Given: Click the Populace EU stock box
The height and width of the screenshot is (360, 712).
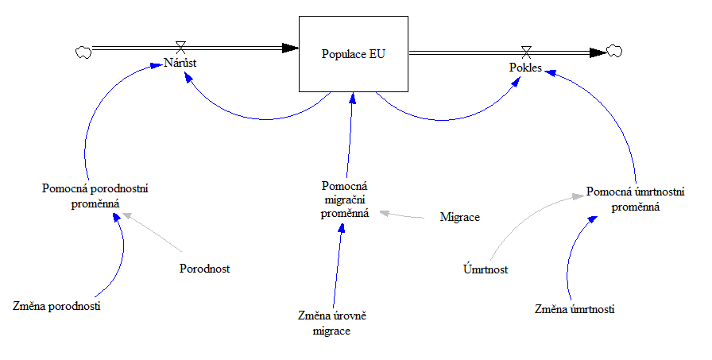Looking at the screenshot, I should tap(353, 55).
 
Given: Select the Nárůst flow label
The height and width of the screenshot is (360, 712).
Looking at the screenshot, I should tap(180, 63).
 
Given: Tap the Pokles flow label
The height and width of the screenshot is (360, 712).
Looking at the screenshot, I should tap(525, 68).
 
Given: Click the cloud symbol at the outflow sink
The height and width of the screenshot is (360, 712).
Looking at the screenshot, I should tap(614, 52).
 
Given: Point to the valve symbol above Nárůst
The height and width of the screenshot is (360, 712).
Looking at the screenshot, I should tap(180, 47).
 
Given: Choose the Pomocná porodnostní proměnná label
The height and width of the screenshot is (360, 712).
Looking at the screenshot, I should tap(96, 195).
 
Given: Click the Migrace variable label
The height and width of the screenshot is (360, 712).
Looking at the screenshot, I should tap(460, 217).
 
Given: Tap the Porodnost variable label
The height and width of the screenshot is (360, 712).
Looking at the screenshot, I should tap(204, 269).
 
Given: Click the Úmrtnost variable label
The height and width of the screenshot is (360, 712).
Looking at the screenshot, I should tap(486, 269).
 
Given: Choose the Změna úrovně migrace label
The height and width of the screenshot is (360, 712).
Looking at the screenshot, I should tap(331, 323).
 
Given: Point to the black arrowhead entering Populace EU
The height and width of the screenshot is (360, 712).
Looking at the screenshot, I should tap(291, 48).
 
